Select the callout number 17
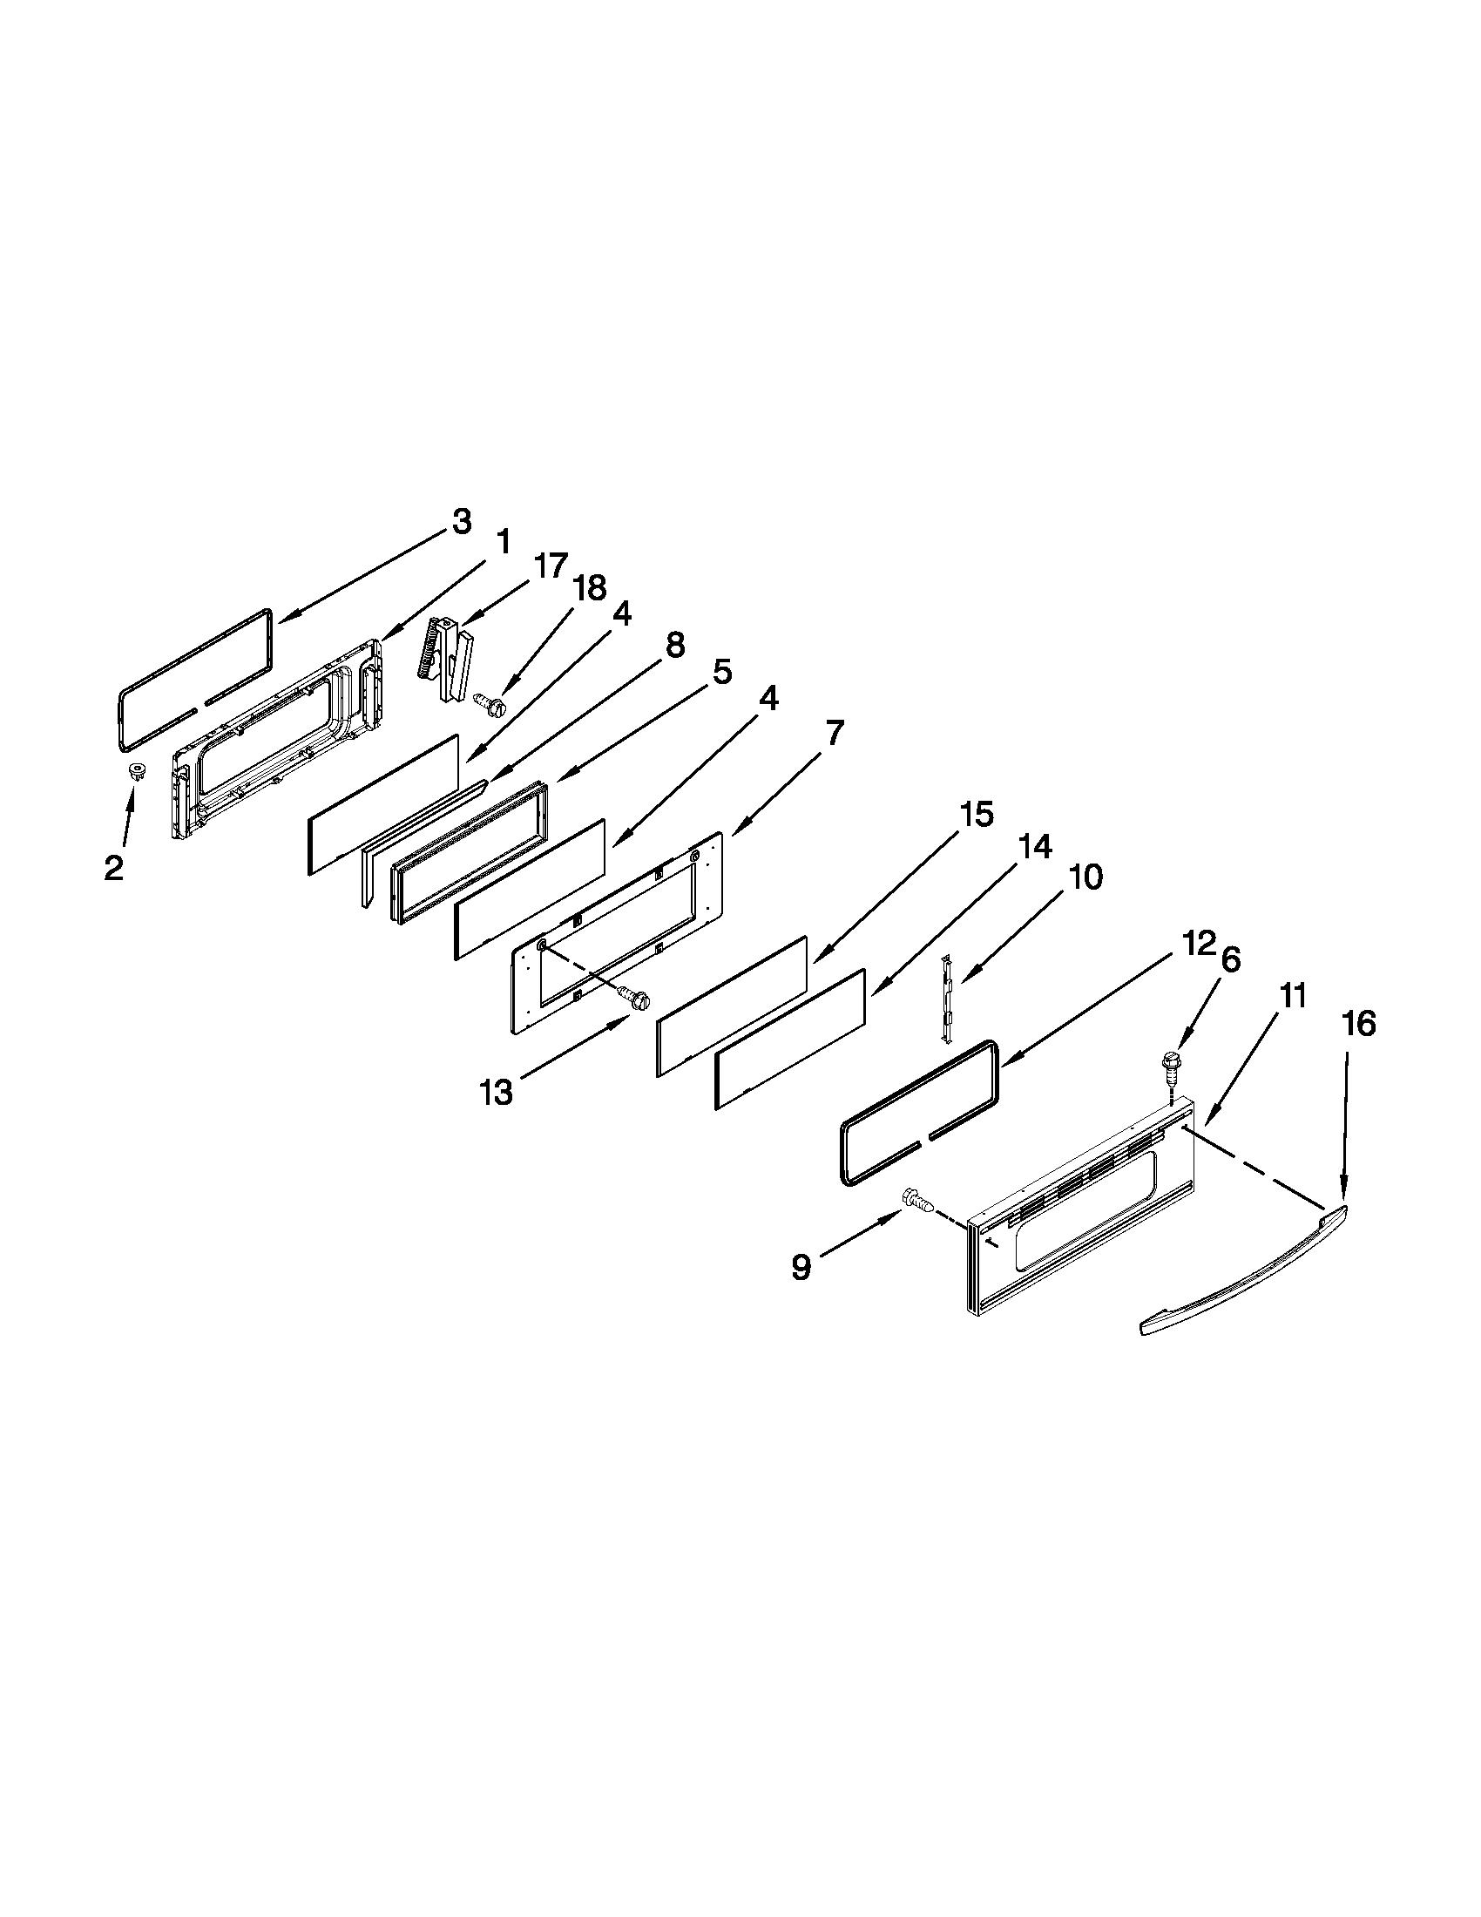tap(551, 566)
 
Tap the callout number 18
tap(590, 588)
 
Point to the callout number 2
tap(113, 868)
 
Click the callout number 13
tap(497, 1093)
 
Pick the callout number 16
tap(1359, 1024)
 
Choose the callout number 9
tap(801, 1268)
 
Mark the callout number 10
tap(1086, 876)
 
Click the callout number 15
tap(976, 815)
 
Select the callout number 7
tap(834, 732)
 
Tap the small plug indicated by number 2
tap(136, 771)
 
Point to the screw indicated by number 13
tap(635, 996)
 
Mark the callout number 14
tap(1034, 847)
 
